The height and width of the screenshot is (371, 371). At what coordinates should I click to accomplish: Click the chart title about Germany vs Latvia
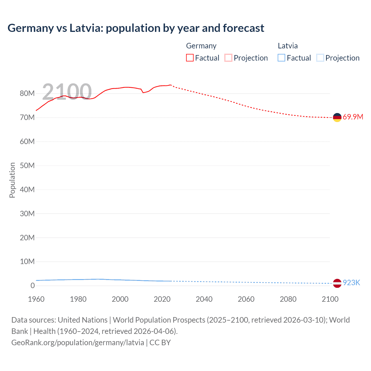coord(136,28)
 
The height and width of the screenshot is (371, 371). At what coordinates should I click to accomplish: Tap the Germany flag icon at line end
coord(337,117)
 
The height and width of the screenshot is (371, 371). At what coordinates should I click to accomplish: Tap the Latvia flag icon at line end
coord(337,283)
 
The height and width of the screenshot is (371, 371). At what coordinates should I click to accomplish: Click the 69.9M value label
coord(353,117)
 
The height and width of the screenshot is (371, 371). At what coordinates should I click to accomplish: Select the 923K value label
coord(351,283)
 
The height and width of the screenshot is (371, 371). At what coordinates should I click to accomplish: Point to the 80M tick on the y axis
coord(27,93)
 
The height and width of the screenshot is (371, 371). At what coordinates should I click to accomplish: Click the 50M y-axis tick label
coord(27,166)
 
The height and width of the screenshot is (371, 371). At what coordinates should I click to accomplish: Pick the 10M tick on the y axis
coord(27,261)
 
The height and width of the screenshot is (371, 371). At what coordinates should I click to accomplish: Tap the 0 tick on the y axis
coord(32,285)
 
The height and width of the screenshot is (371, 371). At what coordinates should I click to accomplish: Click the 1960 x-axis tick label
coord(36,299)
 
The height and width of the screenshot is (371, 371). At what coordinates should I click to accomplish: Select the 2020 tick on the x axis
coord(162,299)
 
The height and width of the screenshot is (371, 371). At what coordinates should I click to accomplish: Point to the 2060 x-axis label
coord(246,299)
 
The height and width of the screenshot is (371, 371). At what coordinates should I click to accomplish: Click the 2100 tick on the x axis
coord(330,299)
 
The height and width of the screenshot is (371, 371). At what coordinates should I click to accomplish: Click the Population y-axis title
coord(12,180)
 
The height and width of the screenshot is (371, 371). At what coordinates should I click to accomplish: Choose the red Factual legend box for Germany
coord(190,58)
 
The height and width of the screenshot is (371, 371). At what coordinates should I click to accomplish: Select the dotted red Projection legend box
coord(228,58)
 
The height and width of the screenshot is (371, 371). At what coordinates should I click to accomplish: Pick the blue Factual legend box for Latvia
coord(281,58)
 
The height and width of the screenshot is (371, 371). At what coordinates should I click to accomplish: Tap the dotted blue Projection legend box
coord(320,58)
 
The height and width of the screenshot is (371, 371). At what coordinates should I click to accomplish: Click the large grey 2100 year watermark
coord(67,92)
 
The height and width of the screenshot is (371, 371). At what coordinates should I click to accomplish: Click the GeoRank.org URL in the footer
coord(78,343)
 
